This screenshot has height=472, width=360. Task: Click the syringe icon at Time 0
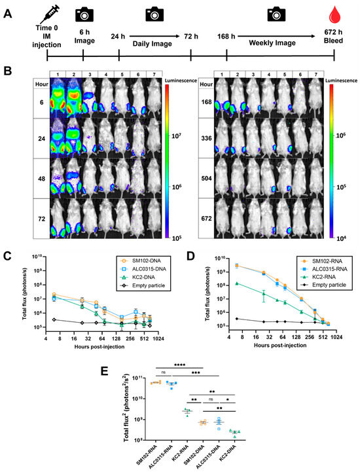click(30, 14)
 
